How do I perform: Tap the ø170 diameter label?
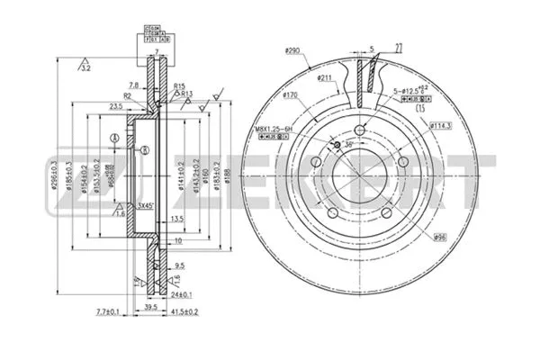click(x=290, y=95)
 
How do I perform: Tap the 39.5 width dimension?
click(x=150, y=305)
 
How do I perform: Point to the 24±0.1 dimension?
click(x=179, y=293)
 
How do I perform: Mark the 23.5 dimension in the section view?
click(x=115, y=106)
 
